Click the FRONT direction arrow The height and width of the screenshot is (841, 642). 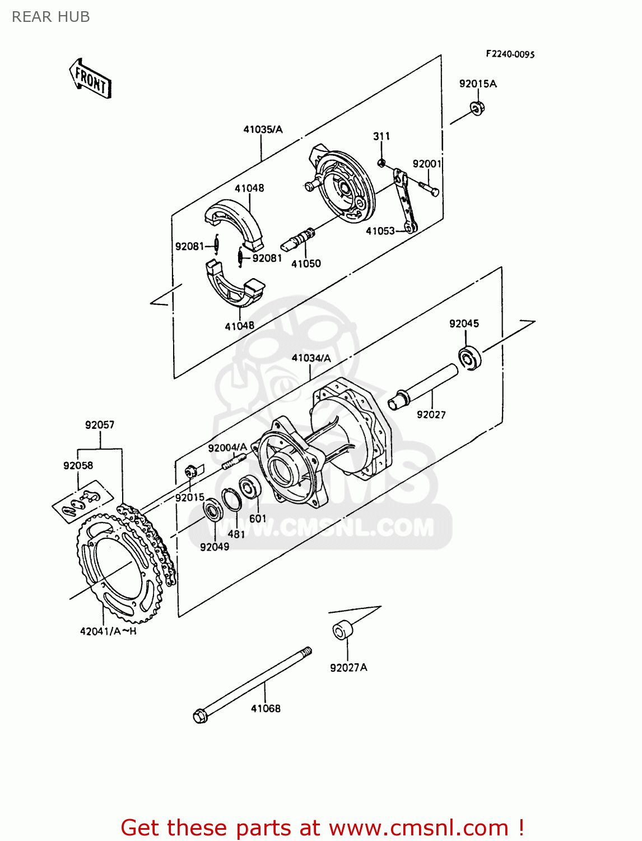click(x=90, y=79)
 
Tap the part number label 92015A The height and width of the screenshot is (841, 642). click(x=477, y=84)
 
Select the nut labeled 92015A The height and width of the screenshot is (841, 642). click(x=477, y=108)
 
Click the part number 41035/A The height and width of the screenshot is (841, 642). click(x=263, y=130)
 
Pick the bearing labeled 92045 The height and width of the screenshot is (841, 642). click(x=470, y=358)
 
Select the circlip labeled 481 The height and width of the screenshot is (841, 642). click(x=231, y=499)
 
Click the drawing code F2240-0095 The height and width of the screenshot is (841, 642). click(x=510, y=54)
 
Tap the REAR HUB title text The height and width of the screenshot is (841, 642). click(x=51, y=17)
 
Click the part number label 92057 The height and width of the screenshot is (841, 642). click(x=100, y=425)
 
